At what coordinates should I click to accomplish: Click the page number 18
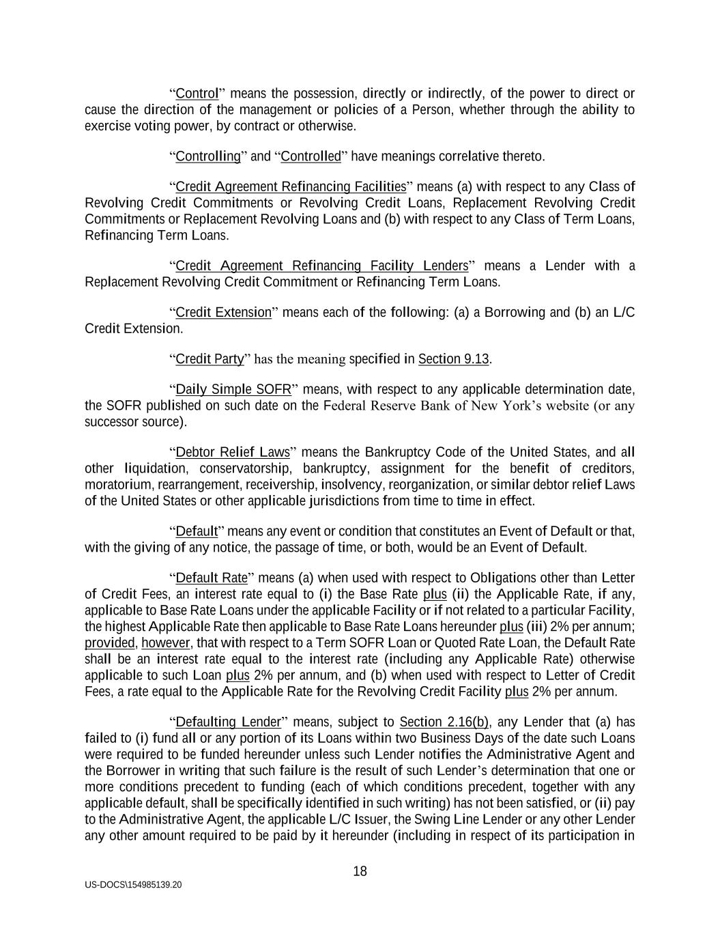(360, 871)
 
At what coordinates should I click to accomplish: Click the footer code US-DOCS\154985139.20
(133, 885)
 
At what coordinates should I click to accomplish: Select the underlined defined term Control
(197, 94)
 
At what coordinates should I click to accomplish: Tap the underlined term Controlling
(208, 157)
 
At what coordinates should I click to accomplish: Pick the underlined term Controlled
(311, 157)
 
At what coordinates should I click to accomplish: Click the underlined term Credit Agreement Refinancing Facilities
(291, 187)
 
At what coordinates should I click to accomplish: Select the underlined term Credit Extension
(223, 313)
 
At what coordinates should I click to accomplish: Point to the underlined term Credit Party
(210, 359)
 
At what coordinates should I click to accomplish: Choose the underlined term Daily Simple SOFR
(233, 390)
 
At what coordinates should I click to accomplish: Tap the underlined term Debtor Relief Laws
(233, 453)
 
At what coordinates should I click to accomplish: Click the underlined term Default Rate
(212, 578)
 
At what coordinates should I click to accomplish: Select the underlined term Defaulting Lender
(228, 722)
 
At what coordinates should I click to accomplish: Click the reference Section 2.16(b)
(444, 722)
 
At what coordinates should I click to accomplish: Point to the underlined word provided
(110, 643)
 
